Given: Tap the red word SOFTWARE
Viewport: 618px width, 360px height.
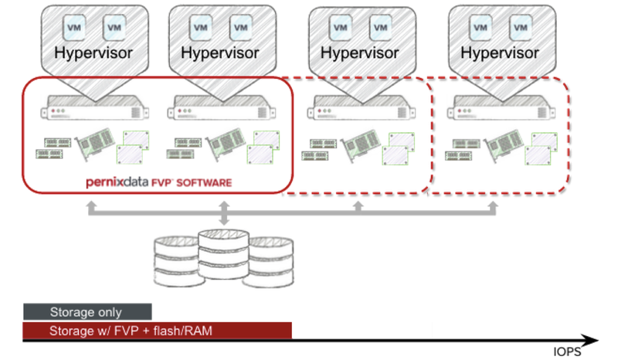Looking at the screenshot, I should coord(204,183).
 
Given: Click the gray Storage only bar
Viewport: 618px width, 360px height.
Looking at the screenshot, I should coord(87,312).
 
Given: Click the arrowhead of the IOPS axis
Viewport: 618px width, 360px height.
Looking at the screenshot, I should coord(590,340).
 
